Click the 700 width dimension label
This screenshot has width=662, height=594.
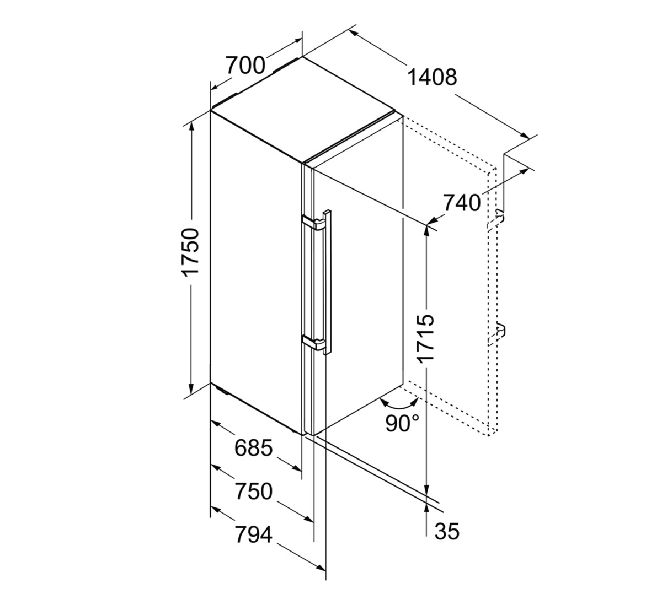245,65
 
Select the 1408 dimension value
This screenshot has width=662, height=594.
432,77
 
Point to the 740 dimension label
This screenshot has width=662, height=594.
461,203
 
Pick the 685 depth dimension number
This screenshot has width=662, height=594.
254,448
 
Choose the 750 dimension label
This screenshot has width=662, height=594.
254,491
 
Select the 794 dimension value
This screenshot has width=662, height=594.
254,534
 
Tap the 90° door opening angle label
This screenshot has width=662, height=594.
402,423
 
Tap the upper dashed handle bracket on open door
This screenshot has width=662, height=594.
495,220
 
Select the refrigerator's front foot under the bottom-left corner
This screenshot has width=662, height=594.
221,390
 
